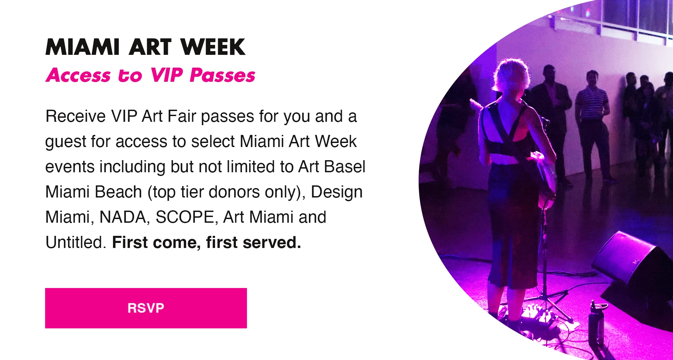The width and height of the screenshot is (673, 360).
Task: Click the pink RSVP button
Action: [146, 308]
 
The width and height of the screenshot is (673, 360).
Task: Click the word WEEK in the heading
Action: [213, 47]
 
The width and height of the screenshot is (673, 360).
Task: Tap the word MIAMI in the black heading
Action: [82, 47]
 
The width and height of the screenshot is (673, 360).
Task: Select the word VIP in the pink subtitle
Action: [167, 75]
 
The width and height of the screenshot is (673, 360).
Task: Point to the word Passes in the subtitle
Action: [222, 75]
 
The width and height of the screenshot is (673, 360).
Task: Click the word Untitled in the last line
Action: [76, 242]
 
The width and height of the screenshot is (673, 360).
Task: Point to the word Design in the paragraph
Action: [336, 192]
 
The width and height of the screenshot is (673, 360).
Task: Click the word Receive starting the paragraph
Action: [76, 116]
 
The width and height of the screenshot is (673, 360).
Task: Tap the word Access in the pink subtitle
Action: [78, 75]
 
